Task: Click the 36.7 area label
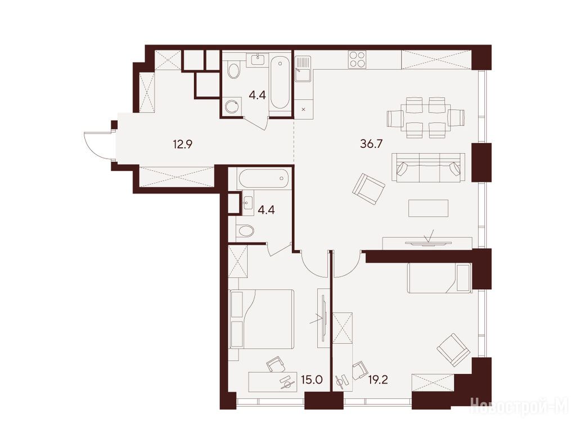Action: click(x=371, y=143)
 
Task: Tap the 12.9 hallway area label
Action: click(x=183, y=145)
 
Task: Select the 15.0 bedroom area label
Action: click(x=312, y=380)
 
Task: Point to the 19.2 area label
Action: click(x=378, y=380)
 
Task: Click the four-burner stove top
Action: click(x=357, y=59)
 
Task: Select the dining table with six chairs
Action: click(x=426, y=118)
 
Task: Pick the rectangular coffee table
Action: click(x=428, y=208)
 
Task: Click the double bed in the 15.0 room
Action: click(x=261, y=319)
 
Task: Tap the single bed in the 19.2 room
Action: click(x=439, y=278)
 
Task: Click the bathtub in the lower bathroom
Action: click(x=264, y=179)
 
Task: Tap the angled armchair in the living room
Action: click(x=368, y=189)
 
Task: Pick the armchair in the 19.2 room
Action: click(x=453, y=350)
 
